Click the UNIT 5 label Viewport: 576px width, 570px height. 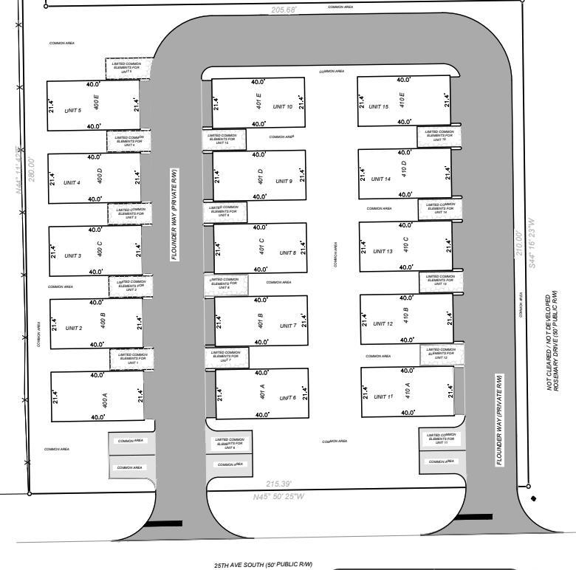(x=72, y=111)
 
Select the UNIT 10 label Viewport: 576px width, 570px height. (x=283, y=107)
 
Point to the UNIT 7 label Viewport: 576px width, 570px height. (x=287, y=326)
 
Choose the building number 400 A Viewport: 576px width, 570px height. (x=104, y=400)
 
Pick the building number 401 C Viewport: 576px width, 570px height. (x=261, y=246)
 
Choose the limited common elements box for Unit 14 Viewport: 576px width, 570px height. (x=441, y=209)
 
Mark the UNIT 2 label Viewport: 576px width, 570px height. (x=74, y=328)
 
